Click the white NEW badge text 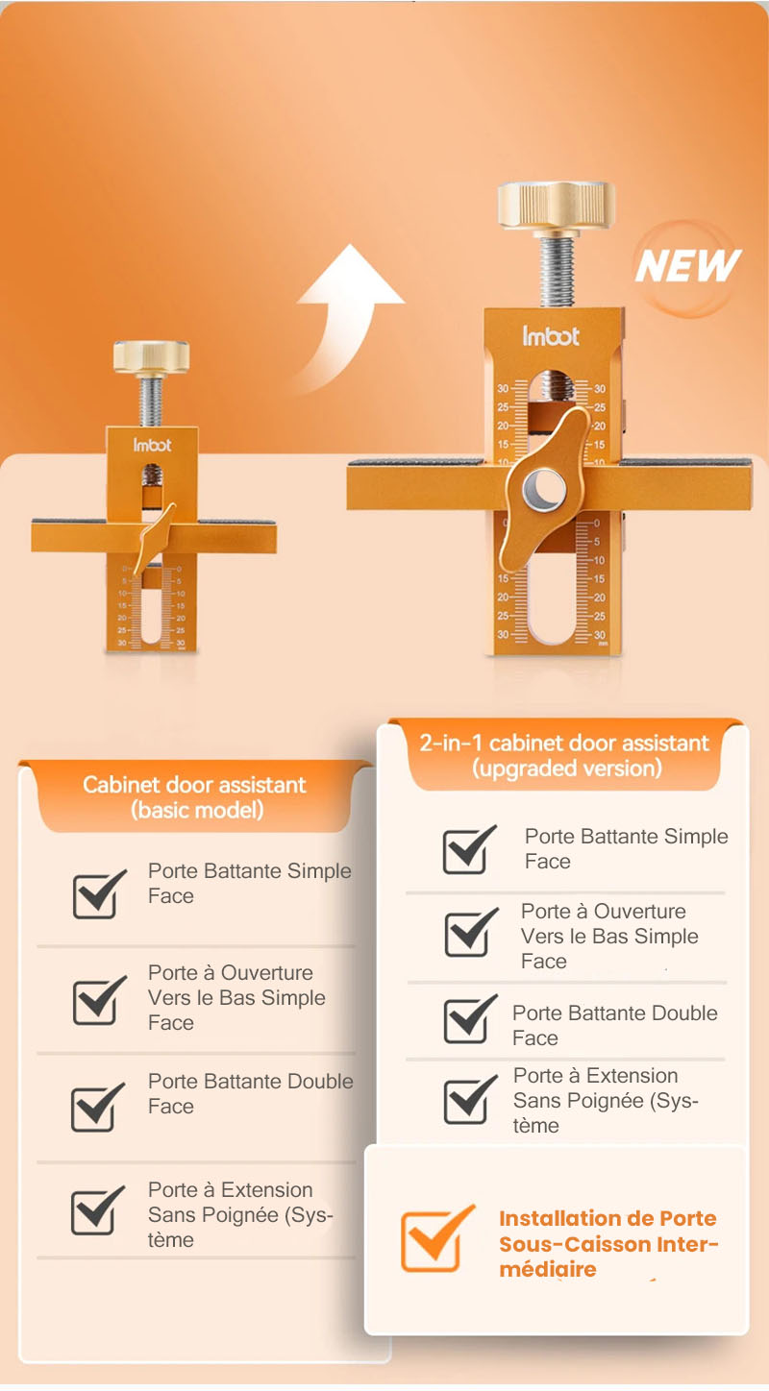(688, 266)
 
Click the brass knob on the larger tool (556, 205)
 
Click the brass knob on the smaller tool (151, 357)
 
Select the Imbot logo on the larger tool (551, 336)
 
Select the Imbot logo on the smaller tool (152, 445)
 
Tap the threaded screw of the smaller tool (151, 402)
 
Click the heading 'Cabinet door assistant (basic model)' (194, 796)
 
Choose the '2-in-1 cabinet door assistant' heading (564, 743)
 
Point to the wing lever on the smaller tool (154, 537)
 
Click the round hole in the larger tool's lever (544, 487)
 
